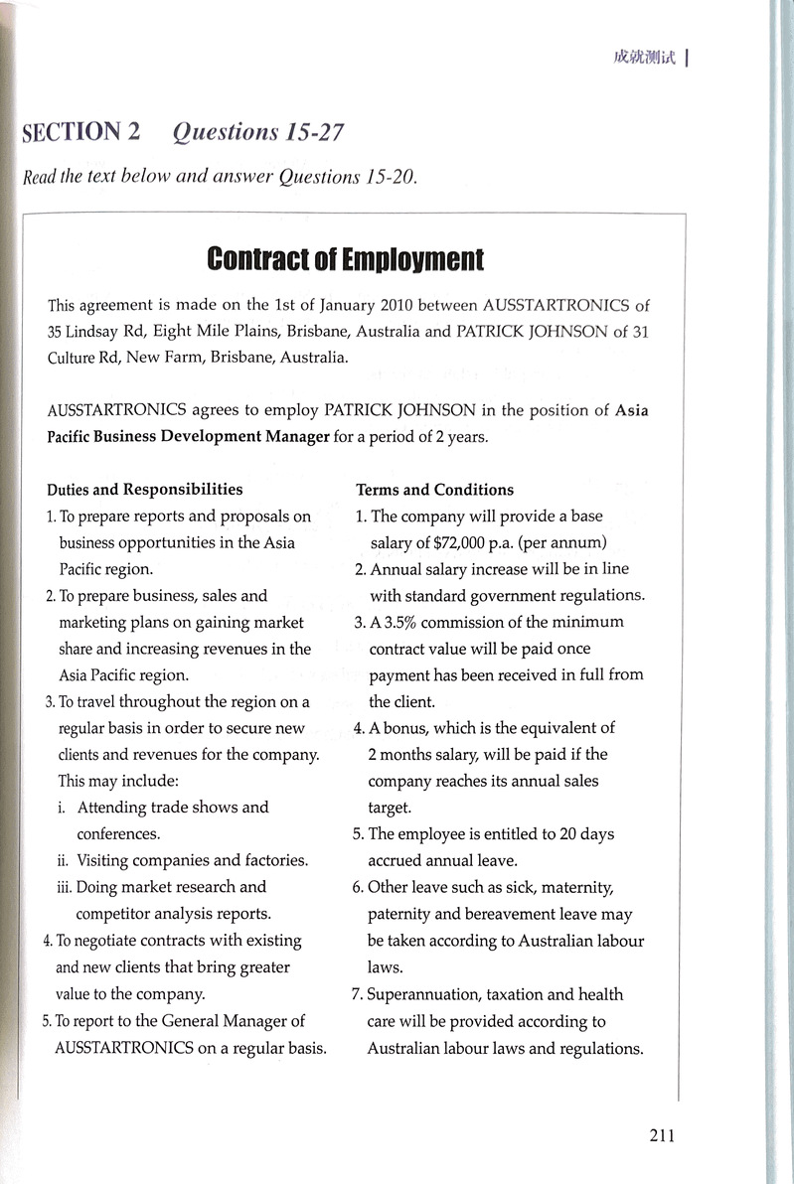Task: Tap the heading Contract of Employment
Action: [x=345, y=260]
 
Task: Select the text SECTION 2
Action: [x=81, y=131]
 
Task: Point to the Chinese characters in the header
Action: [x=644, y=57]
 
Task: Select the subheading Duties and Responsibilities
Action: [x=145, y=489]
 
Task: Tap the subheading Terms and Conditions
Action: [x=435, y=490]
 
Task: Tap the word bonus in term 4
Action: [x=406, y=727]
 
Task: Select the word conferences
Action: [x=118, y=834]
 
